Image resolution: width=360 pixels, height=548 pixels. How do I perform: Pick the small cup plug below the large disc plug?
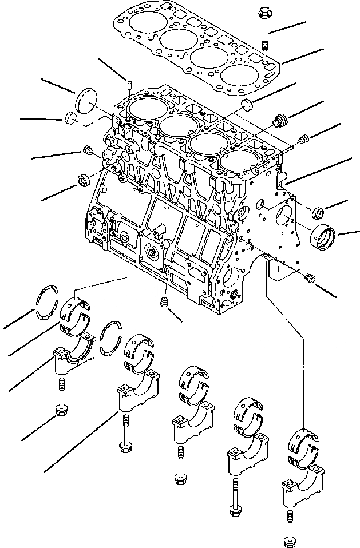pos(71,118)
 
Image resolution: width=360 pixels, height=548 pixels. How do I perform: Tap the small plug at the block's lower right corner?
pos(311,278)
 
